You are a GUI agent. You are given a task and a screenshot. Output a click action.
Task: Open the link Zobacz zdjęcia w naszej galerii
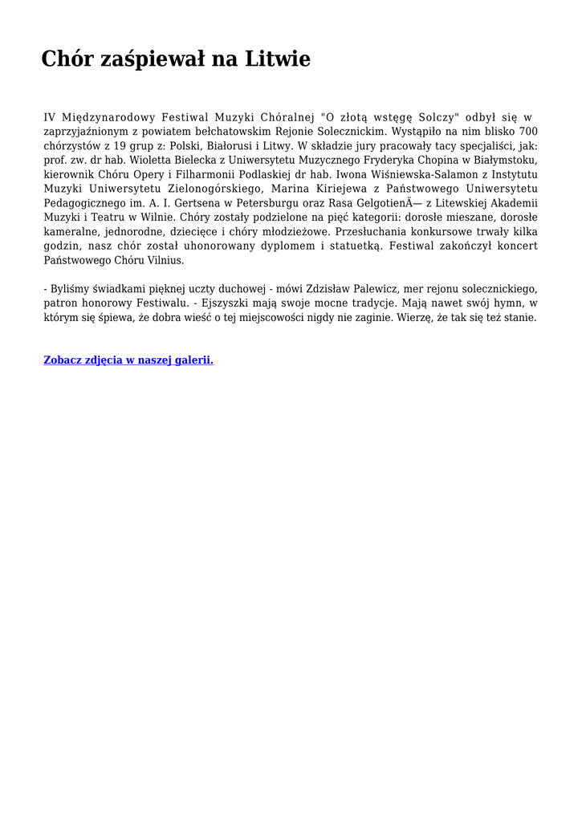[x=128, y=360]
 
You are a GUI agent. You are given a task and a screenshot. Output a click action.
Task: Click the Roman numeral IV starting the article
[x=50, y=116]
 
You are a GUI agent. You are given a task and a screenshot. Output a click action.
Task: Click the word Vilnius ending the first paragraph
[x=165, y=261]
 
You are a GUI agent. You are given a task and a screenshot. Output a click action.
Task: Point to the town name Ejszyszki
[x=218, y=303]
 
